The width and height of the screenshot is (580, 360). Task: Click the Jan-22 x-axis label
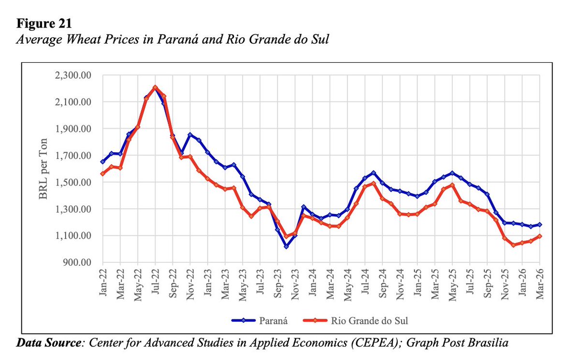point(102,285)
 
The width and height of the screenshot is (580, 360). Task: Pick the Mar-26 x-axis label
point(540,285)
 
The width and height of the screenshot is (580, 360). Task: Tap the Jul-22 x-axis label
point(155,285)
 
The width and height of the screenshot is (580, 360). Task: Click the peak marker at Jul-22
point(155,87)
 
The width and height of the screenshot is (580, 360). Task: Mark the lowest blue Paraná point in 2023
point(286,246)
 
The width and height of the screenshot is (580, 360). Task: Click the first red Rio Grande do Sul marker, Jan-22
point(102,173)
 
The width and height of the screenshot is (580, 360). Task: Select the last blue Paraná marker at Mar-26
point(540,224)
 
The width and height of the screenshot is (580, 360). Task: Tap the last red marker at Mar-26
point(540,236)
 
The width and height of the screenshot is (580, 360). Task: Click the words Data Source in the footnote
point(48,344)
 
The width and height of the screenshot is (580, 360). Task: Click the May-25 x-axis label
point(452,285)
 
